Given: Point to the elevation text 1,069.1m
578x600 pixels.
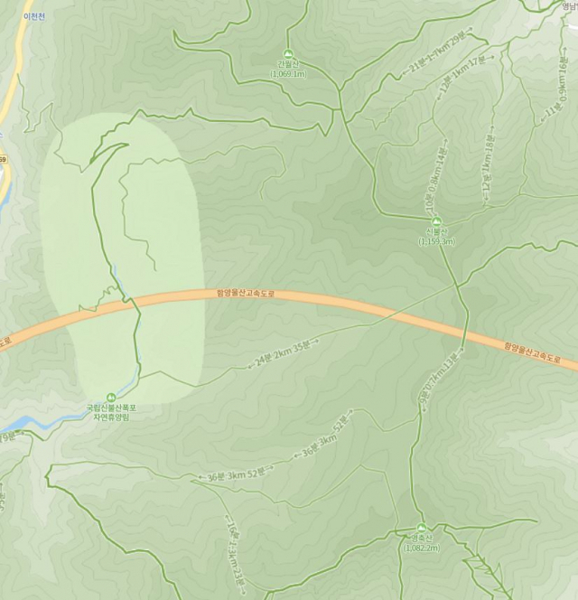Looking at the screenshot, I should [x=289, y=74].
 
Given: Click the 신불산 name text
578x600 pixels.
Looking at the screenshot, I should [x=437, y=232].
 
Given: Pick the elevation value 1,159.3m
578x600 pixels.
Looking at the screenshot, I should [x=437, y=242].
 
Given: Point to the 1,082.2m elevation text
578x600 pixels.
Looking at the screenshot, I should [x=421, y=548].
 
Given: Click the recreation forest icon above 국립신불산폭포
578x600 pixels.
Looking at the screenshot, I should [x=111, y=396].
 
